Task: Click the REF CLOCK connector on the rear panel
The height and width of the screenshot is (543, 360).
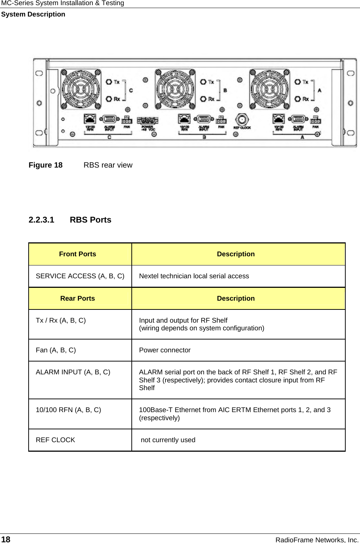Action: pyautogui.click(x=241, y=119)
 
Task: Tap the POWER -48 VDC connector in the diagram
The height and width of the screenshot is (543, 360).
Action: pyautogui.click(x=148, y=121)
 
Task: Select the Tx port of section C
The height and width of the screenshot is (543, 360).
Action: pyautogui.click(x=109, y=82)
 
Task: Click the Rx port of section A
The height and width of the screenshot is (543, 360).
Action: pyautogui.click(x=298, y=99)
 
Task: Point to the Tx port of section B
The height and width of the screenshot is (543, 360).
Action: pyautogui.click(x=203, y=82)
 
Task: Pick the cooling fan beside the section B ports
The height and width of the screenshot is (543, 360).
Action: pyautogui.click(x=175, y=89)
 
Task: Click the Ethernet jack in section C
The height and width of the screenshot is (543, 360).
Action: pyautogui.click(x=90, y=119)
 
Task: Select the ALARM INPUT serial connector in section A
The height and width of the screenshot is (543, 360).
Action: pyautogui.click(x=298, y=119)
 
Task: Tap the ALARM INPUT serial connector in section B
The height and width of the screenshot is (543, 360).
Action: pyautogui.click(x=204, y=119)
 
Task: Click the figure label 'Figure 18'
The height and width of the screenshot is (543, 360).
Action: pyautogui.click(x=46, y=165)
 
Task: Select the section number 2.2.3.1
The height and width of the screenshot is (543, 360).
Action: pyautogui.click(x=41, y=220)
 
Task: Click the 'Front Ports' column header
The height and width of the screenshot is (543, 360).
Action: pyautogui.click(x=77, y=254)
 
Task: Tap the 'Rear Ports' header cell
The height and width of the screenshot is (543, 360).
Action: pyautogui.click(x=77, y=298)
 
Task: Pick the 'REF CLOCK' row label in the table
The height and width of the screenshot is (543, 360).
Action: pyautogui.click(x=55, y=440)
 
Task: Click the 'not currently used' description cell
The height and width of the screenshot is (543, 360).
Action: pyautogui.click(x=168, y=440)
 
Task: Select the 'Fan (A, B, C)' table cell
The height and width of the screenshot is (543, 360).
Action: pyautogui.click(x=56, y=350)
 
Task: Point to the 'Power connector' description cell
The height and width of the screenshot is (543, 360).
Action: pyautogui.click(x=165, y=350)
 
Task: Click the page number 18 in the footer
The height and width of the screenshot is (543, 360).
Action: pyautogui.click(x=6, y=539)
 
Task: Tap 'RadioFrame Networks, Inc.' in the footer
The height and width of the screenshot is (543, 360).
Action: pyautogui.click(x=317, y=540)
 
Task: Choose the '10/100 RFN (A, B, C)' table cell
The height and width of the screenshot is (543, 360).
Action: pyautogui.click(x=68, y=410)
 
